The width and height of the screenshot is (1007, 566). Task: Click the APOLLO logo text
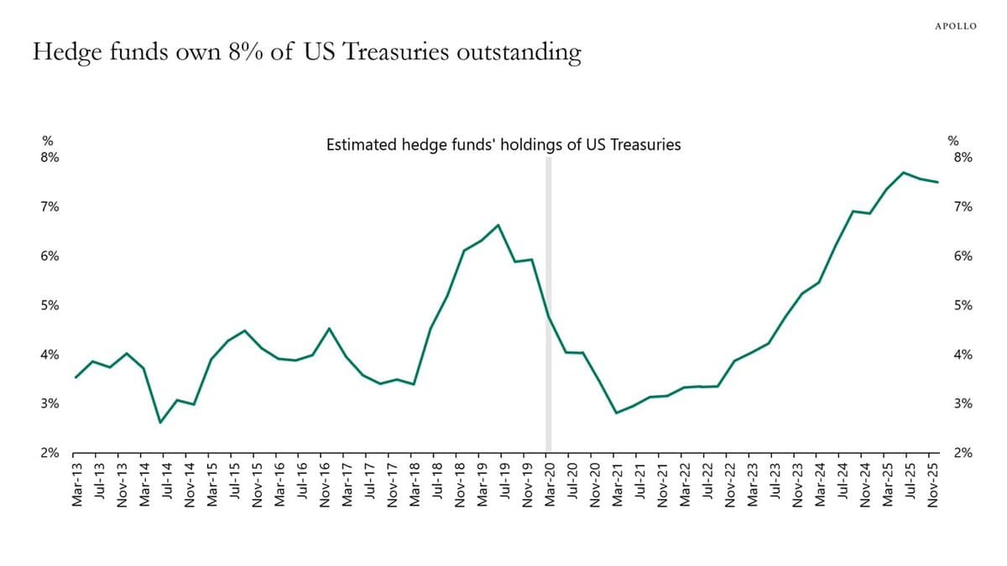pyautogui.click(x=955, y=26)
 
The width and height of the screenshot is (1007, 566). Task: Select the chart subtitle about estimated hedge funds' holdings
pyautogui.click(x=503, y=145)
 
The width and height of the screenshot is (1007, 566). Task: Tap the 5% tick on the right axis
pyautogui.click(x=962, y=305)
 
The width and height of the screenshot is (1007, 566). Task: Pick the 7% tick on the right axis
pyautogui.click(x=962, y=207)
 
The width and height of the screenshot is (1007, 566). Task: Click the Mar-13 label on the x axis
pyautogui.click(x=76, y=484)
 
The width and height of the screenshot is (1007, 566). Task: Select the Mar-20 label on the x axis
pyautogui.click(x=549, y=484)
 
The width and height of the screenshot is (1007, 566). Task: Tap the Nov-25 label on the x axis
pyautogui.click(x=933, y=484)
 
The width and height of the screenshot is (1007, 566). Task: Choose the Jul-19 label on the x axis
pyautogui.click(x=503, y=484)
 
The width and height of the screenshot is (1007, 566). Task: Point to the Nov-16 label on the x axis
pyautogui.click(x=324, y=484)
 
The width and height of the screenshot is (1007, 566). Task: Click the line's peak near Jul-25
pyautogui.click(x=904, y=173)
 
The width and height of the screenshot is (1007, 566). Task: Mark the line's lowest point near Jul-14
pyautogui.click(x=160, y=422)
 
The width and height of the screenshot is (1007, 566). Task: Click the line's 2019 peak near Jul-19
pyautogui.click(x=498, y=225)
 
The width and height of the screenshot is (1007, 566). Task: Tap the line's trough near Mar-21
pyautogui.click(x=617, y=413)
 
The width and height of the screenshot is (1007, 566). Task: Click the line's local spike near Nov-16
pyautogui.click(x=329, y=329)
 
